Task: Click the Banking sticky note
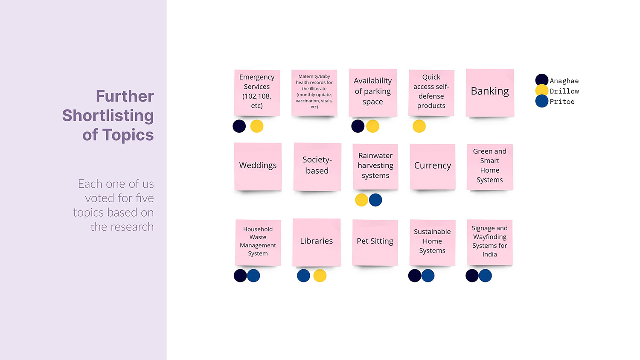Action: click(x=490, y=92)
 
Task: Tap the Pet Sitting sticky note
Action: click(x=375, y=242)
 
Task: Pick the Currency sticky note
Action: click(x=433, y=166)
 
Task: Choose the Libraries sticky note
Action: click(x=317, y=242)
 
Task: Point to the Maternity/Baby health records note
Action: click(x=314, y=92)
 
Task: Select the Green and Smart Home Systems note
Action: click(x=490, y=166)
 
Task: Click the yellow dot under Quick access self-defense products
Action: click(x=419, y=126)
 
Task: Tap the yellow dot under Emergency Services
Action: click(x=257, y=126)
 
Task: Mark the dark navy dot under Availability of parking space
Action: click(x=358, y=126)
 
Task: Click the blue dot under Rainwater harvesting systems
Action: click(x=375, y=200)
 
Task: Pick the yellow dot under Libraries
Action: click(x=320, y=276)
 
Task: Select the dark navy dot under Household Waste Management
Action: click(x=240, y=276)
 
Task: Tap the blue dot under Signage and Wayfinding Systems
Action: click(x=486, y=276)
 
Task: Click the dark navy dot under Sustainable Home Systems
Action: click(x=415, y=276)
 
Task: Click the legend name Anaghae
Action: click(x=564, y=81)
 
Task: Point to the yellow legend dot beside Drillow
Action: click(x=542, y=90)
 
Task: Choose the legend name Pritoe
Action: click(x=562, y=102)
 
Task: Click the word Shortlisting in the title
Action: click(x=108, y=116)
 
